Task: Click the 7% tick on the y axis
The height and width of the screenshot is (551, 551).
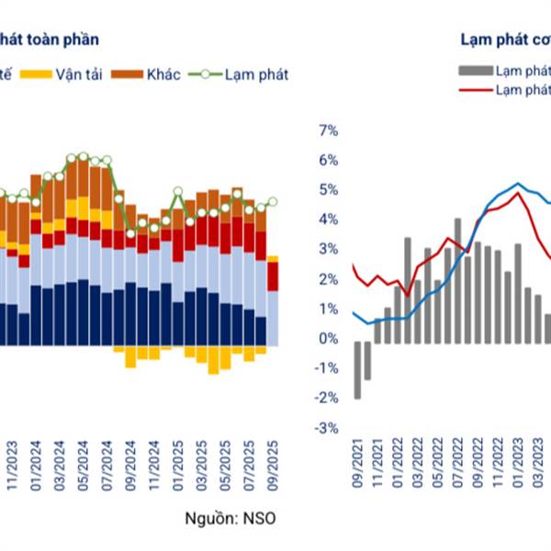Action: point(329,131)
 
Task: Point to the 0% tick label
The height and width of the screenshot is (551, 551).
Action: point(329,340)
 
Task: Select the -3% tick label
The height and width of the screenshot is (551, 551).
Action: point(327,429)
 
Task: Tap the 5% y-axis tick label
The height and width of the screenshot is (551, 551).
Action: point(329,191)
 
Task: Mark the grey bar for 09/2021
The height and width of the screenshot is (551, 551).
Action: point(357,369)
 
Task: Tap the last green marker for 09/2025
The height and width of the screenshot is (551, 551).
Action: point(273,201)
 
